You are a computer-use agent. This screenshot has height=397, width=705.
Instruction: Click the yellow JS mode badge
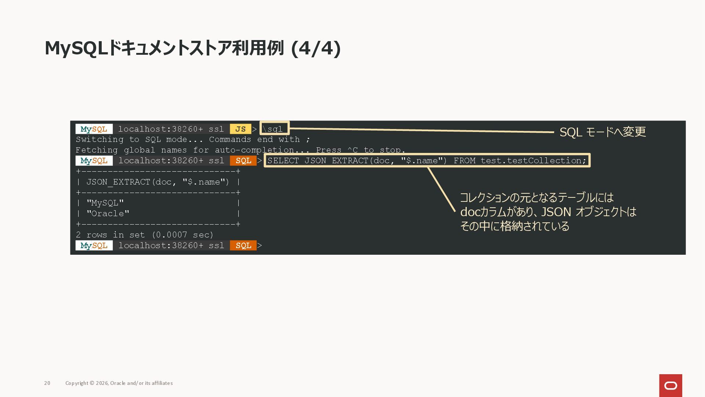[x=241, y=129]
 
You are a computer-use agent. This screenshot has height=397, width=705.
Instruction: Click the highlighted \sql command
[x=272, y=129]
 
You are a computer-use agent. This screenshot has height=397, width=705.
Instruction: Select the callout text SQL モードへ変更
[x=603, y=132]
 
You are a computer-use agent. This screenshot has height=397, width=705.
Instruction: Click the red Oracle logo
[x=670, y=386]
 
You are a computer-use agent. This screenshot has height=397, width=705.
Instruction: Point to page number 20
[x=47, y=383]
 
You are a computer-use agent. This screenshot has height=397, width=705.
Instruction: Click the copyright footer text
[x=119, y=383]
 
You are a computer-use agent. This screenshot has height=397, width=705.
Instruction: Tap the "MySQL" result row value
[x=105, y=203]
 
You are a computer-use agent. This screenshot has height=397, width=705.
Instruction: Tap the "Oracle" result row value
[x=108, y=214]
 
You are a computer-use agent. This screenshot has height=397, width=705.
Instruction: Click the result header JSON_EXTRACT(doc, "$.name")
[x=158, y=182]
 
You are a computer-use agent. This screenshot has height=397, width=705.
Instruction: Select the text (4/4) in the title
[x=316, y=48]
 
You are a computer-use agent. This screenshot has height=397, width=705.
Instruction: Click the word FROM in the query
[x=464, y=161]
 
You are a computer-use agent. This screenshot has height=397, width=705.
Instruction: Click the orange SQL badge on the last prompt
[x=243, y=246]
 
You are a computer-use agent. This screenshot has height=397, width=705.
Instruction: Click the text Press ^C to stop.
[x=361, y=150]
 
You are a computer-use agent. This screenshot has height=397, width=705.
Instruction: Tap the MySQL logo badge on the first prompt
[x=94, y=129]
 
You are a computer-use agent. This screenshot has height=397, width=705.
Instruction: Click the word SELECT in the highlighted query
[x=283, y=161]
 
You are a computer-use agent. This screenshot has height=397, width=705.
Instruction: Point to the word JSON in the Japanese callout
[x=556, y=212]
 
